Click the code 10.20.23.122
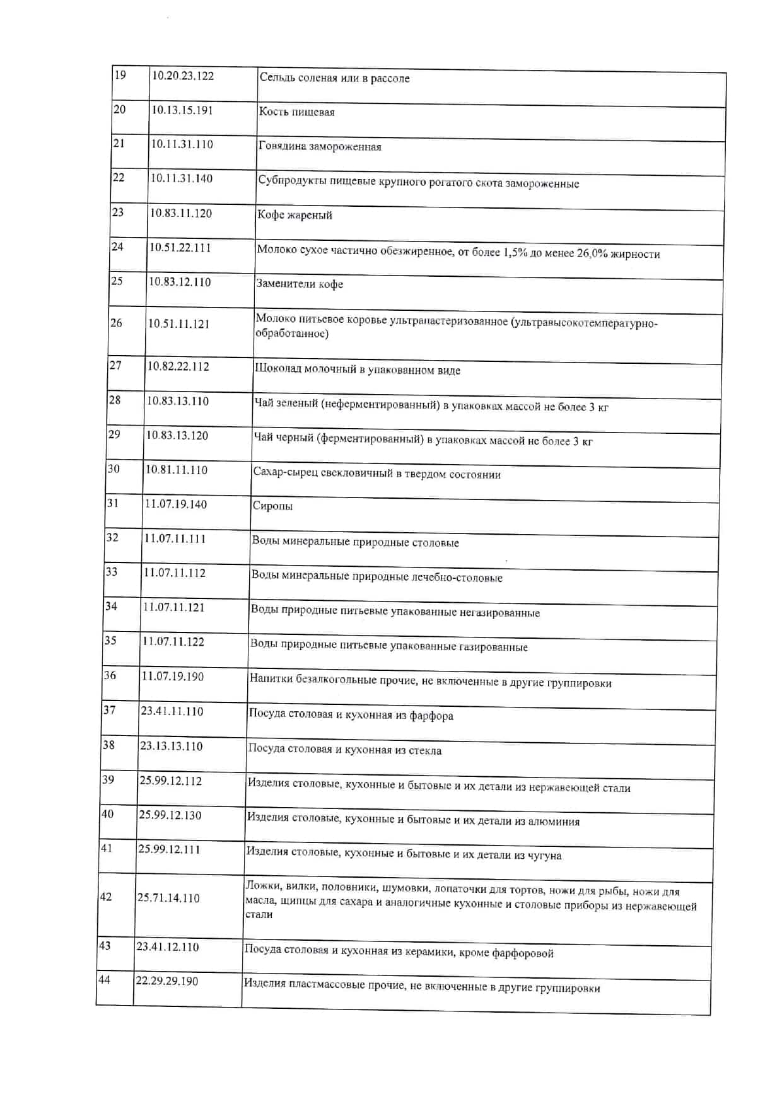pyautogui.click(x=182, y=76)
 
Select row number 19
pyautogui.click(x=120, y=75)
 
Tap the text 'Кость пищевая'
pyautogui.click(x=296, y=112)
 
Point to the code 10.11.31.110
pyautogui.click(x=182, y=144)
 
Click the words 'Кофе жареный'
pyautogui.click(x=295, y=215)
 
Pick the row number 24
pyautogui.click(x=117, y=247)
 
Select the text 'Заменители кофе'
pyautogui.click(x=300, y=284)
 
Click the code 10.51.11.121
pyautogui.click(x=178, y=323)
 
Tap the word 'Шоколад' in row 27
pyautogui.click(x=277, y=369)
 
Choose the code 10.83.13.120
pyautogui.click(x=177, y=436)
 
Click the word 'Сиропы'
pyautogui.click(x=272, y=506)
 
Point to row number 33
pyautogui.click(x=112, y=572)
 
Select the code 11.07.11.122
pyautogui.click(x=173, y=642)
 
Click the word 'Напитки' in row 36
pyautogui.click(x=269, y=679)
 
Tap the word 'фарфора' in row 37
pyautogui.click(x=431, y=716)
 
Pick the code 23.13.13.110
pyautogui.click(x=172, y=747)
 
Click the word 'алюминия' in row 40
pyautogui.click(x=552, y=822)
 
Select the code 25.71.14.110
pyautogui.click(x=168, y=898)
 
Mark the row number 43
pyautogui.click(x=105, y=946)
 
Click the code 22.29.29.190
pyautogui.click(x=167, y=981)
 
